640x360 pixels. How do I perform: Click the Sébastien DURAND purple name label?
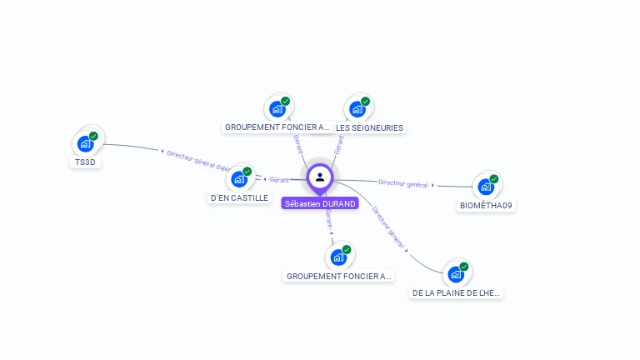point(320,203)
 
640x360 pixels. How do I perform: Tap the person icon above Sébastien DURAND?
point(320,177)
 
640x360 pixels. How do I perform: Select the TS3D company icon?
point(85,143)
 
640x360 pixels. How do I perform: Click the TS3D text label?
point(85,162)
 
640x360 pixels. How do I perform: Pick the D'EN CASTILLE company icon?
point(239,178)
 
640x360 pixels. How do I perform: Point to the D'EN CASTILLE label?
point(239,198)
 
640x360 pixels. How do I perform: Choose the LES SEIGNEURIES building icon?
point(357,108)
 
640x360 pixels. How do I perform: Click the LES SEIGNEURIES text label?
point(369,128)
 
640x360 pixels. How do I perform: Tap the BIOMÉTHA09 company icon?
point(486,186)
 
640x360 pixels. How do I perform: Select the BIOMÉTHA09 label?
point(486,205)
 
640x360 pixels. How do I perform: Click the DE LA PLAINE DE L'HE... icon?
point(456,274)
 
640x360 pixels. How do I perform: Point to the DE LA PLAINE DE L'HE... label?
point(457,293)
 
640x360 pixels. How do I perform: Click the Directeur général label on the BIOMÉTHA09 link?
point(403,183)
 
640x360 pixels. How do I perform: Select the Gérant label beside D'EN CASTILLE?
point(279,180)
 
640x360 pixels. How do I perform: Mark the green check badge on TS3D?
point(93,136)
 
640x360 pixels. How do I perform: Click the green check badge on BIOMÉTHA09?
point(494,178)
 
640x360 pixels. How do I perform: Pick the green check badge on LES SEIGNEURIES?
point(366,101)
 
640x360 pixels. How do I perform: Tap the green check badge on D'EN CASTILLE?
point(247,171)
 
